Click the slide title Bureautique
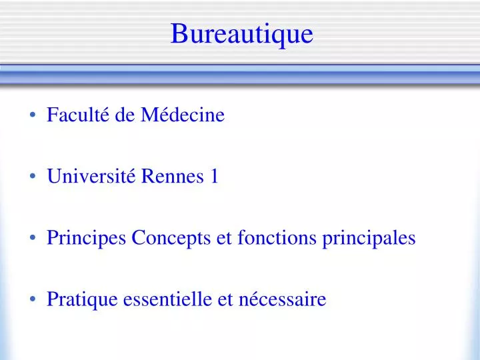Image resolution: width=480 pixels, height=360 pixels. click(x=242, y=35)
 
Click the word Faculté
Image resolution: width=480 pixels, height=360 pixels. click(x=78, y=114)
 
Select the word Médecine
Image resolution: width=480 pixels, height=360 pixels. click(x=183, y=114)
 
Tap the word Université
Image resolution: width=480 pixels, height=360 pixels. click(x=91, y=176)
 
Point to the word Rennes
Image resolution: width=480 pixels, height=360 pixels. click(x=173, y=176)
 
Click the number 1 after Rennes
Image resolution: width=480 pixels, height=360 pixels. click(x=214, y=176)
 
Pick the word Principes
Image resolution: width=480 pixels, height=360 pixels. click(x=86, y=238)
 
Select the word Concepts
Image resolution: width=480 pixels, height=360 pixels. click(x=171, y=238)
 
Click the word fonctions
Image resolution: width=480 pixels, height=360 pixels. click(x=277, y=237)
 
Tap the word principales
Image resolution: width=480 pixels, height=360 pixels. click(x=369, y=238)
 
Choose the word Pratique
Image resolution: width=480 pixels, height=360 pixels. click(x=82, y=299)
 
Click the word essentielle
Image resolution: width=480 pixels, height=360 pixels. click(x=167, y=299)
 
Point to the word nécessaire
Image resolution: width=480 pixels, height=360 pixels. click(x=282, y=299)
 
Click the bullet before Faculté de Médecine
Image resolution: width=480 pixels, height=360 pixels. click(x=33, y=115)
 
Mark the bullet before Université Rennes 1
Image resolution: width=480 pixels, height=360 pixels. click(x=33, y=176)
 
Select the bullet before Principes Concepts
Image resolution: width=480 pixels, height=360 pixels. click(x=33, y=237)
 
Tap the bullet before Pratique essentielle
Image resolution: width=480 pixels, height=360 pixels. click(x=33, y=299)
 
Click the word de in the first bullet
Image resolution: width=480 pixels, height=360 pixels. click(x=125, y=114)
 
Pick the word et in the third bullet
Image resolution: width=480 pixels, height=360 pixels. click(x=224, y=239)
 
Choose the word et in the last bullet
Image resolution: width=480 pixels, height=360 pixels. click(x=225, y=300)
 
